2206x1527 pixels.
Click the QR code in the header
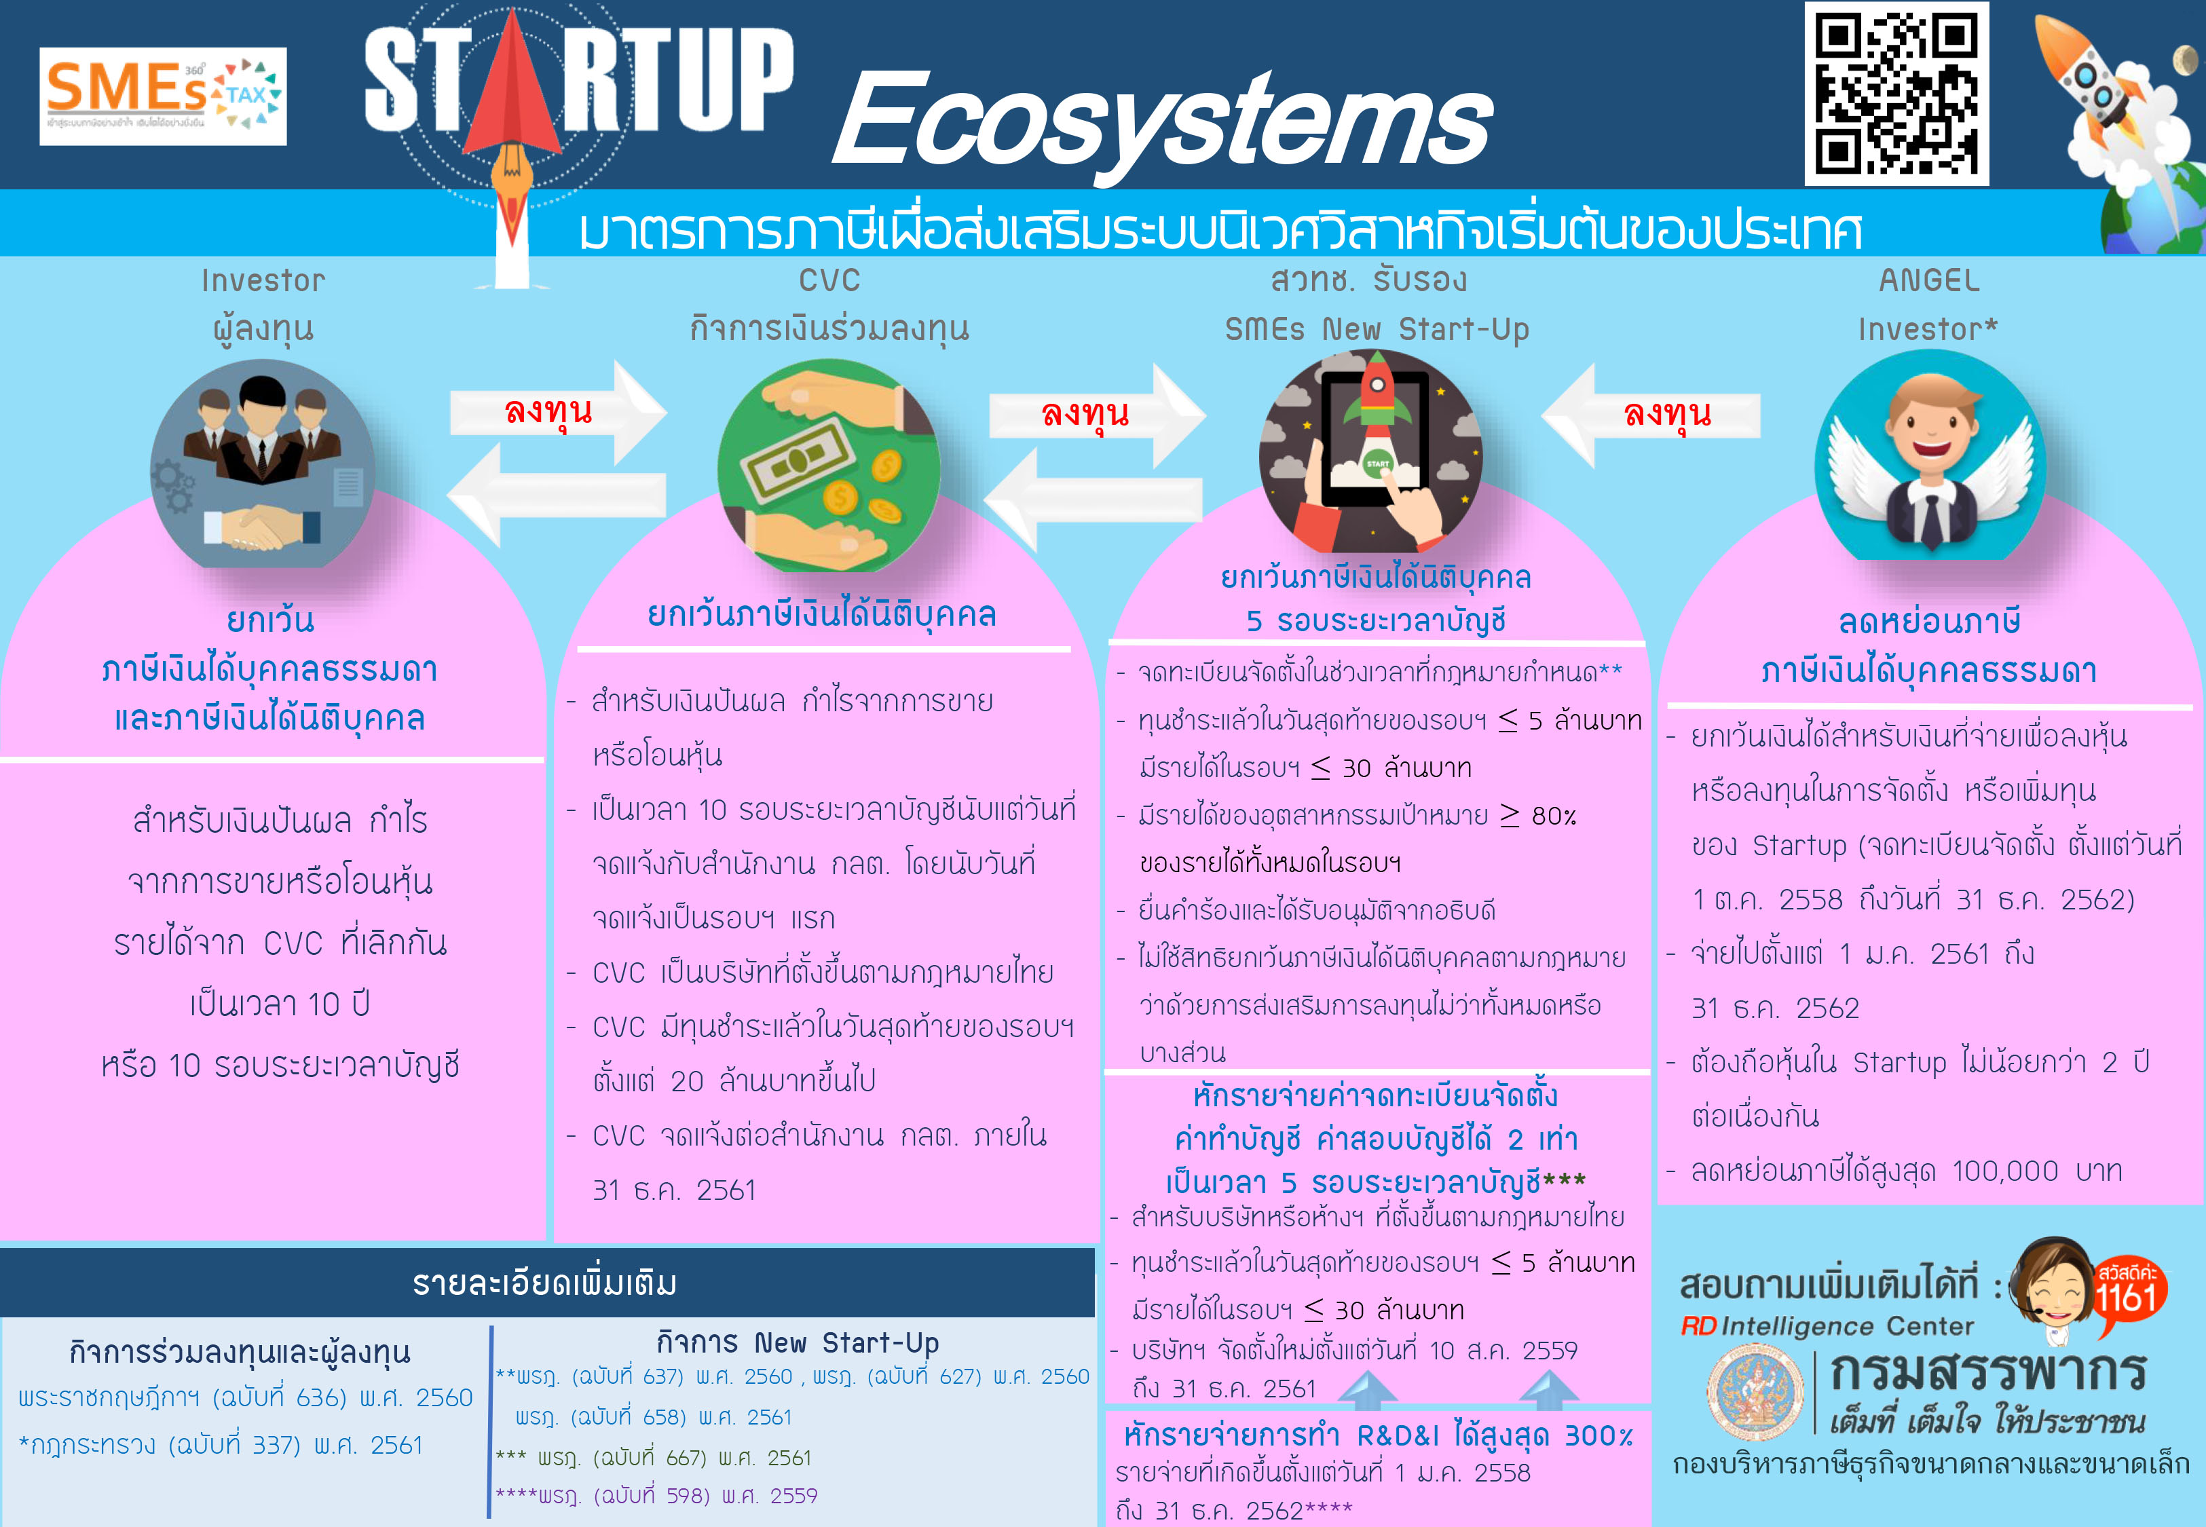pyautogui.click(x=1896, y=94)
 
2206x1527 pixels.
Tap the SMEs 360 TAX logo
pyautogui.click(x=163, y=96)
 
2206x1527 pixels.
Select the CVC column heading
pyautogui.click(x=829, y=280)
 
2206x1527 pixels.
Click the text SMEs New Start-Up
pyautogui.click(x=1377, y=329)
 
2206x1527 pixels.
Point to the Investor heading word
pyautogui.click(x=263, y=280)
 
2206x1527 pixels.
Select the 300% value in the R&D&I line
pyautogui.click(x=1598, y=1435)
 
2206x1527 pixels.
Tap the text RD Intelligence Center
pyautogui.click(x=1827, y=1326)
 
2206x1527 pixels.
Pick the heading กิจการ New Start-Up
pyautogui.click(x=798, y=1342)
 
